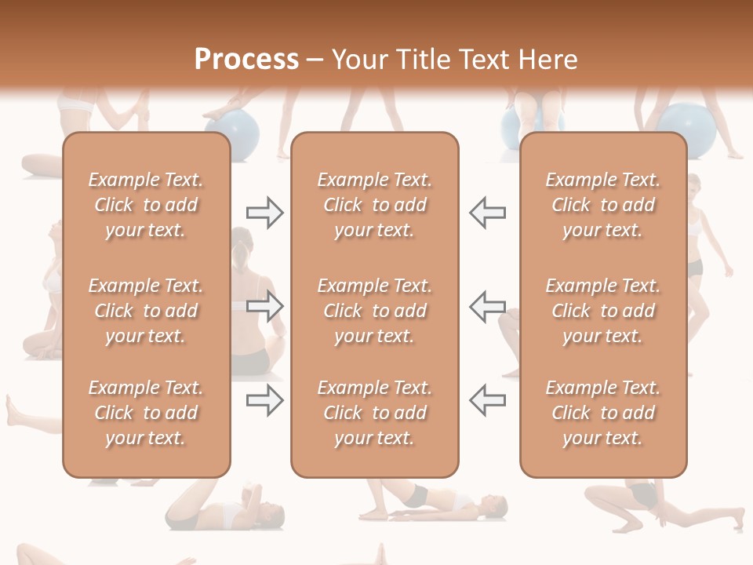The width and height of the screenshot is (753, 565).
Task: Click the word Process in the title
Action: coord(246,60)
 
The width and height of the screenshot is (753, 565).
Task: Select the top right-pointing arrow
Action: coord(265,213)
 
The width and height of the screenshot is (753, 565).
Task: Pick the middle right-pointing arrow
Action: coord(265,306)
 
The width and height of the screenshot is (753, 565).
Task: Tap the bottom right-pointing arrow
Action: coord(265,400)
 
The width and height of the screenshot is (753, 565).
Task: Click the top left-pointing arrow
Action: coord(487,213)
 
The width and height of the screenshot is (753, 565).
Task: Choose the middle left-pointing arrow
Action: coord(487,306)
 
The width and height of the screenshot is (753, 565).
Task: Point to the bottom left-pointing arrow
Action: coord(487,400)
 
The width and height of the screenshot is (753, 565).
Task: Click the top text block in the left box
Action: coord(146,205)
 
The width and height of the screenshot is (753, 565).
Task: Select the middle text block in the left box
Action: coord(146,311)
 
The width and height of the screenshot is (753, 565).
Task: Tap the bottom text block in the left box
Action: coord(146,413)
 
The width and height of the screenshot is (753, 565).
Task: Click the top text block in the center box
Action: coord(375,205)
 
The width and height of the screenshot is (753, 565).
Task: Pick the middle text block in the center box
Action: coord(375,311)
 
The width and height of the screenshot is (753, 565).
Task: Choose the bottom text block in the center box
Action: coord(375,413)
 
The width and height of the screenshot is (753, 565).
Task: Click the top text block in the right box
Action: coord(603,205)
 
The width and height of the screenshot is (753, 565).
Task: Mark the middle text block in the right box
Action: coord(603,311)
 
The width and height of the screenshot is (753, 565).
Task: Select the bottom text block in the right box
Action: coord(603,413)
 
